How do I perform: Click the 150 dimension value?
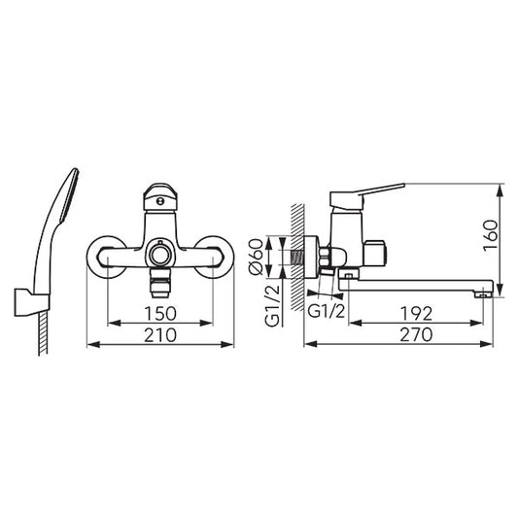[160, 314]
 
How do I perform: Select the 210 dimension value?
[160, 335]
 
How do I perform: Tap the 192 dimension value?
[416, 314]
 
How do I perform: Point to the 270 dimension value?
[416, 334]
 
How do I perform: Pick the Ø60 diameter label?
[257, 257]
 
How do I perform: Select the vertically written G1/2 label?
[272, 305]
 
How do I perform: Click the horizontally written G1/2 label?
[327, 311]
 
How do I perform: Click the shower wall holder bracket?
[32, 302]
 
